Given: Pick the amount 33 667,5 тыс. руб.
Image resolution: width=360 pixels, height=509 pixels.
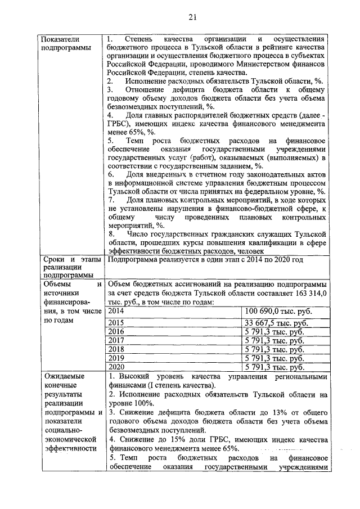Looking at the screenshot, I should point(276,323).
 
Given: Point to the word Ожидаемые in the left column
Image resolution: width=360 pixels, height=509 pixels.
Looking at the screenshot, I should point(61,376).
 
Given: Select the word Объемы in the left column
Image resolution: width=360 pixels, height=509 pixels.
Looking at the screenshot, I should point(56,283).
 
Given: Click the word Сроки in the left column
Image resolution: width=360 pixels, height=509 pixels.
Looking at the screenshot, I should point(52,259).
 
